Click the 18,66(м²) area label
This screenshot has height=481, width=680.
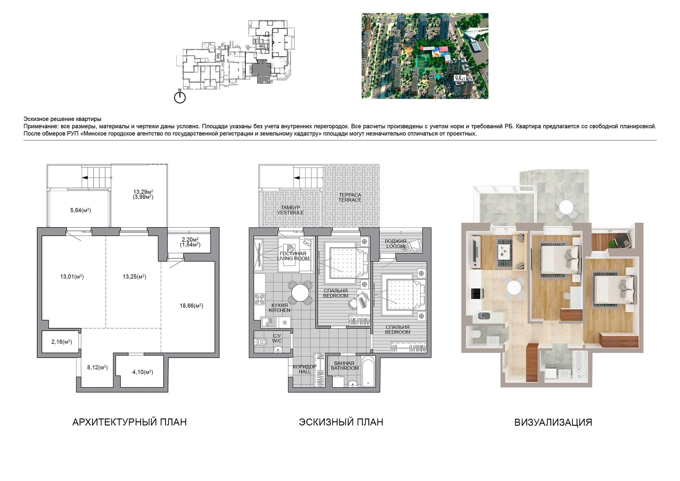[x=191, y=306]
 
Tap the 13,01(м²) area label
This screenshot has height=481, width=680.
[x=72, y=277]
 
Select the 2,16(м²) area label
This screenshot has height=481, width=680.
[x=62, y=342]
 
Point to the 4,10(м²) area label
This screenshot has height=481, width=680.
[x=143, y=372]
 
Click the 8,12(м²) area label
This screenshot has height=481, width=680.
[x=97, y=368]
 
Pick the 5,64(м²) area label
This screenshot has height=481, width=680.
[x=81, y=210]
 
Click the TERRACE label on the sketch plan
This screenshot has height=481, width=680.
[x=350, y=200]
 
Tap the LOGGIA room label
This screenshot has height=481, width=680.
[x=395, y=246]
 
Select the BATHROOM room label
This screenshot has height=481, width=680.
[x=345, y=368]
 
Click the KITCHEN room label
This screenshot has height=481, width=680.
[x=280, y=310]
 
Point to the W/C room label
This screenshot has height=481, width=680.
[x=277, y=341]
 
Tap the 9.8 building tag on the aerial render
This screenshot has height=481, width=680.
[x=460, y=78]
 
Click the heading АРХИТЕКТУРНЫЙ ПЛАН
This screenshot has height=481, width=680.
[x=129, y=422]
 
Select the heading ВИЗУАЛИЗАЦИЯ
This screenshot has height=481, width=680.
[x=553, y=422]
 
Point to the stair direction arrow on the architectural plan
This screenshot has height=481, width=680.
[x=85, y=178]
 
